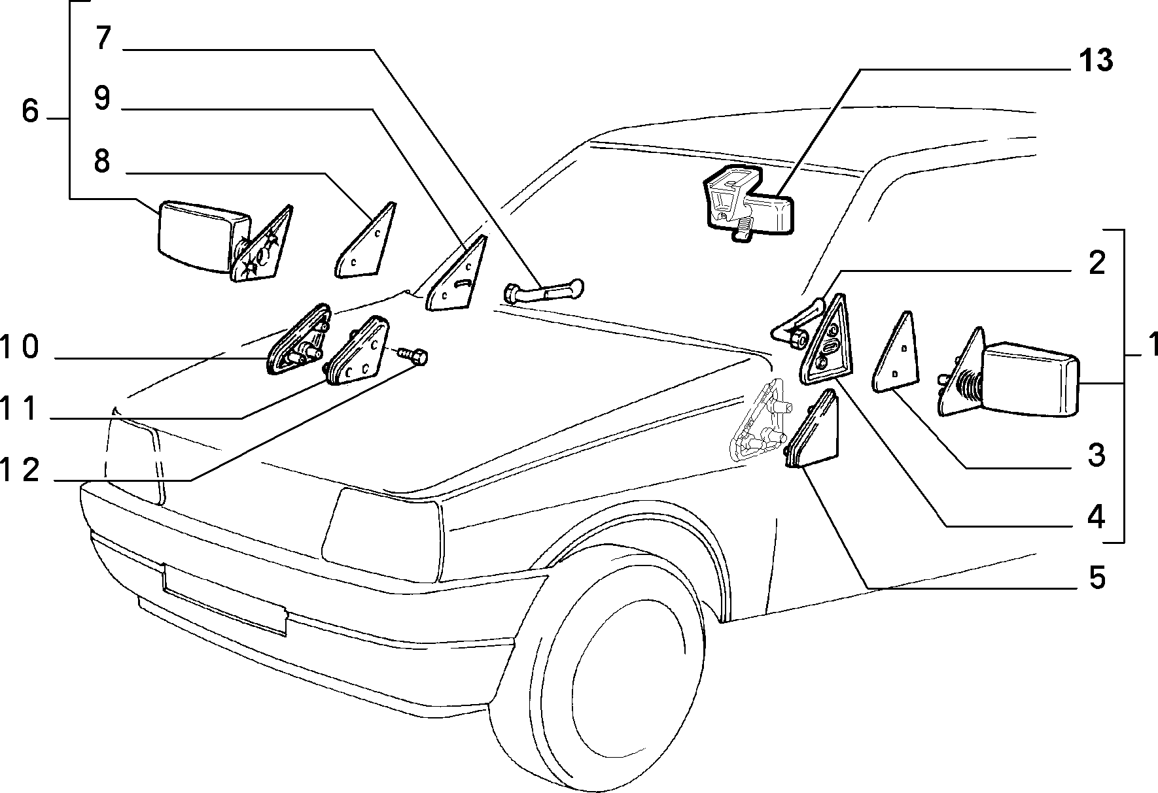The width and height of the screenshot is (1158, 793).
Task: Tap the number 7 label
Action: pos(103,38)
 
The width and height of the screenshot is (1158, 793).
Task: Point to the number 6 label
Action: pos(30,112)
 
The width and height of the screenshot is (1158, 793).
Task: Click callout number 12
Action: pos(20,471)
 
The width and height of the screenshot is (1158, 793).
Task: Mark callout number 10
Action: pos(20,348)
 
